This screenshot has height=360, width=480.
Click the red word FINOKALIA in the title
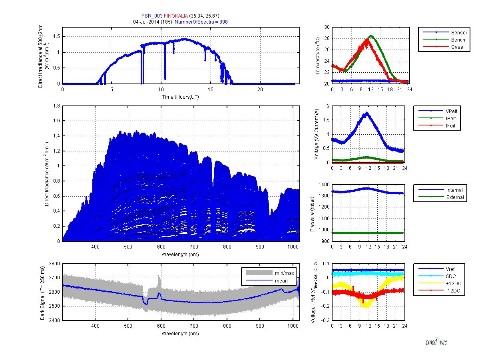coord(176,16)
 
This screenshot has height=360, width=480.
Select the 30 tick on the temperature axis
coord(327,27)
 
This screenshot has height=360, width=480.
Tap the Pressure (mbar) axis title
coord(313,214)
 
